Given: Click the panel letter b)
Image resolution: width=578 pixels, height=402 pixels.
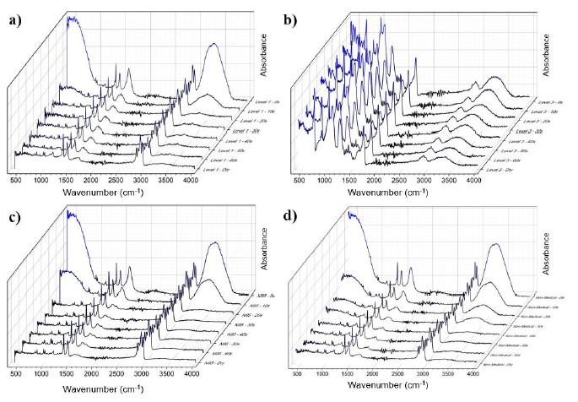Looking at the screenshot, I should (x=303, y=14).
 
